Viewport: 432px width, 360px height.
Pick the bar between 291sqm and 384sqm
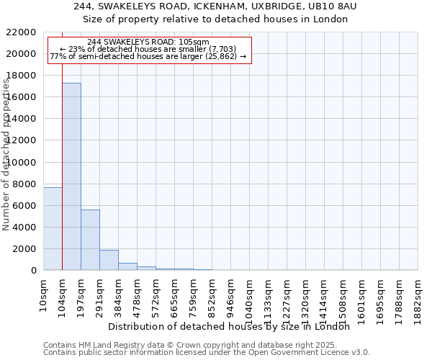pyautogui.click(x=109, y=260)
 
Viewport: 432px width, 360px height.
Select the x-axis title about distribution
pyautogui.click(x=233, y=327)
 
